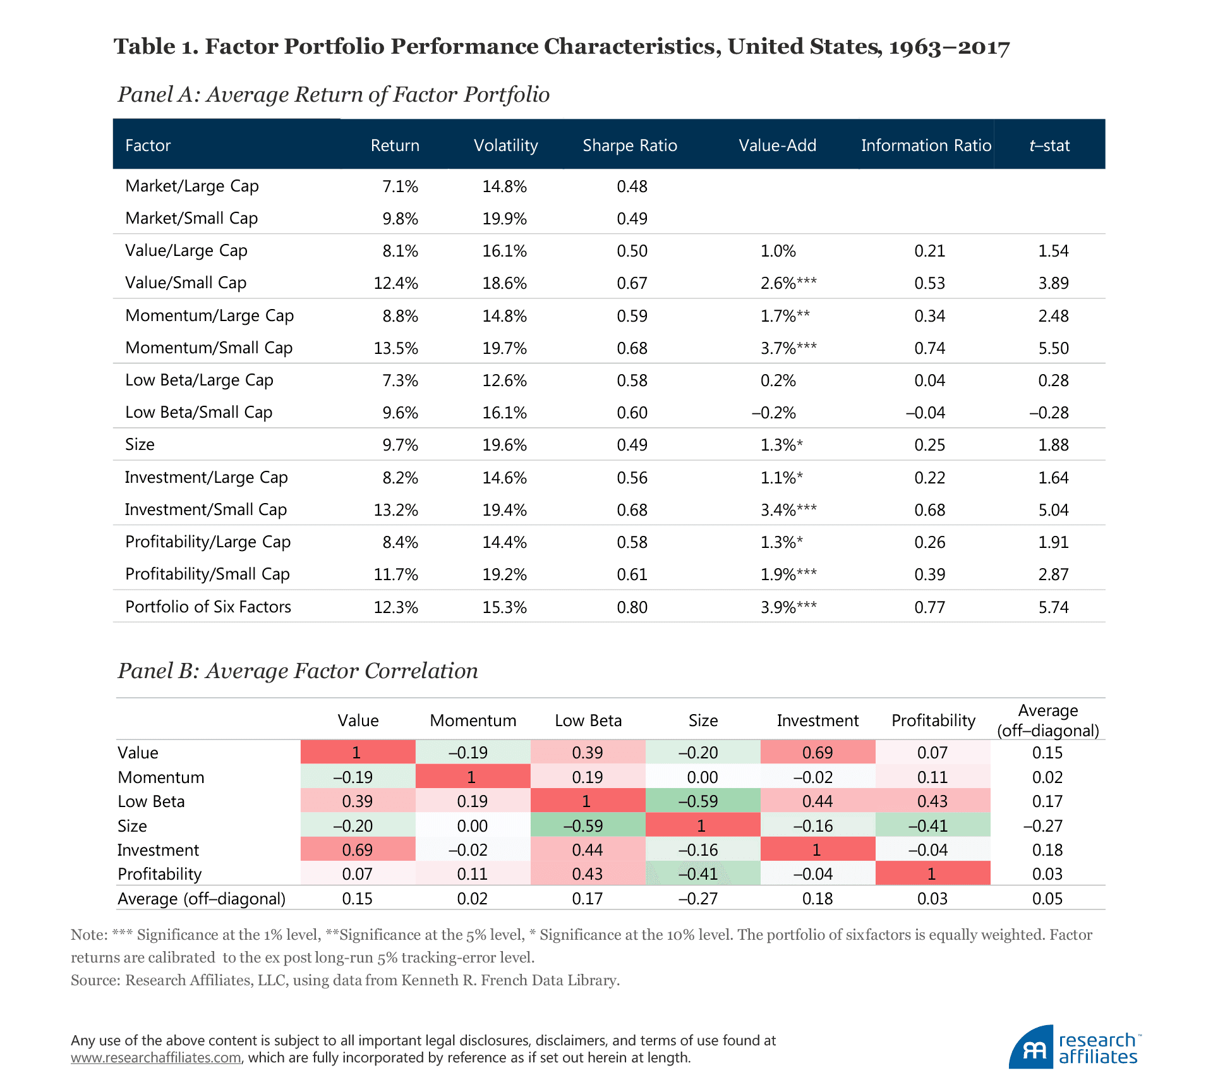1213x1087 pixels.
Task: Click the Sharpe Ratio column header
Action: pos(629,145)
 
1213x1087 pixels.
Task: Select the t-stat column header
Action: pos(1049,145)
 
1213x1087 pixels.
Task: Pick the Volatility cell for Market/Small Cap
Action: pos(504,219)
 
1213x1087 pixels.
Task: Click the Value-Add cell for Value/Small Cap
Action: pos(788,283)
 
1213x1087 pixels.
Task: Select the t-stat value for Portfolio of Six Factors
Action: pos(1053,607)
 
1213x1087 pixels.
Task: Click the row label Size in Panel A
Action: pos(140,444)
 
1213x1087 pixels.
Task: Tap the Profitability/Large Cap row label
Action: pos(208,542)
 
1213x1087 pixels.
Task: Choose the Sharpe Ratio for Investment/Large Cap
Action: pos(632,478)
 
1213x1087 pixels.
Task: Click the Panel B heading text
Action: pos(298,671)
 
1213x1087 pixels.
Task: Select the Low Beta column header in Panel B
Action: pos(588,720)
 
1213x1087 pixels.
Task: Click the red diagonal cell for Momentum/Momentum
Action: pos(472,777)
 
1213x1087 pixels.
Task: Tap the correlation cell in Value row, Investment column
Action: pos(818,753)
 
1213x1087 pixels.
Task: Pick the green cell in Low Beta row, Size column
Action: pos(702,801)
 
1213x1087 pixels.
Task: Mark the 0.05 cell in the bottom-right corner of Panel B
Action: pos(1047,899)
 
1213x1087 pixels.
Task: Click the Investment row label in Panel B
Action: pos(158,850)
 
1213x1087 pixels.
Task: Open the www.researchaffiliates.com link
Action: pos(155,1057)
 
